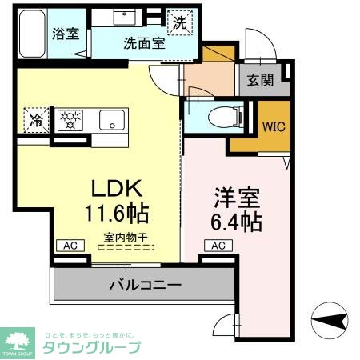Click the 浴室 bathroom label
[65, 34]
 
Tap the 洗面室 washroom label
[144, 43]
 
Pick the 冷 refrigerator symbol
[37, 120]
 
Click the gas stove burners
[70, 120]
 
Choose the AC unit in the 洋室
[218, 246]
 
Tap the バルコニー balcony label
[145, 285]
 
